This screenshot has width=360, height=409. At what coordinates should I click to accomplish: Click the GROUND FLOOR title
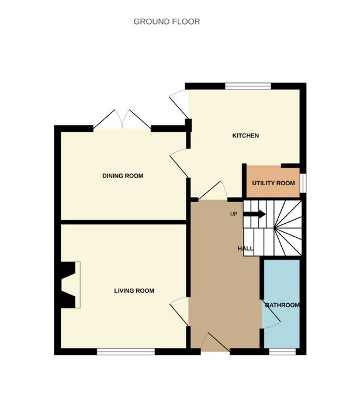pyautogui.click(x=167, y=22)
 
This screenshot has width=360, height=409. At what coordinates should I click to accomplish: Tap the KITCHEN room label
pyautogui.click(x=245, y=136)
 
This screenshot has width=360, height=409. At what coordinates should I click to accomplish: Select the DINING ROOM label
pyautogui.click(x=123, y=176)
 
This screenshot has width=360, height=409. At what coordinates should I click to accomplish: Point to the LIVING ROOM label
pyautogui.click(x=134, y=290)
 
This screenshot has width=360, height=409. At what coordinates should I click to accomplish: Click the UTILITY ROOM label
pyautogui.click(x=274, y=183)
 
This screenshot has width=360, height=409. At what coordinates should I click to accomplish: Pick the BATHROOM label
pyautogui.click(x=282, y=305)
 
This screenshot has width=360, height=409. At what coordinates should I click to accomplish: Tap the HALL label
pyautogui.click(x=245, y=248)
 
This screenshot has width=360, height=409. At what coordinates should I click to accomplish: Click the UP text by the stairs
pyautogui.click(x=234, y=214)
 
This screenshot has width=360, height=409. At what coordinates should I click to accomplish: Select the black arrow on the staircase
pyautogui.click(x=254, y=214)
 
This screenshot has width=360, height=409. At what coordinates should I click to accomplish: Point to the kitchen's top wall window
pyautogui.click(x=248, y=86)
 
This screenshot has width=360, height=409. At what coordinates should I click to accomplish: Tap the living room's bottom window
pyautogui.click(x=126, y=352)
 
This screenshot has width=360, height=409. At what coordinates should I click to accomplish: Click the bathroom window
pyautogui.click(x=282, y=352)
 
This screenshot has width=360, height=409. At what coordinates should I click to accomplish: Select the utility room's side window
pyautogui.click(x=303, y=183)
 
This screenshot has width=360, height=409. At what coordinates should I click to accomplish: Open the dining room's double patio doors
pyautogui.click(x=122, y=120)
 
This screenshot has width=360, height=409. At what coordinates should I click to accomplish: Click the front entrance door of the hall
pyautogui.click(x=216, y=342)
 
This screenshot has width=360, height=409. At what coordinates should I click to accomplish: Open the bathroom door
pyautogui.click(x=271, y=314)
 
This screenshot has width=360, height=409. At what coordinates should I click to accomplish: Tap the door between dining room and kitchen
pyautogui.click(x=179, y=163)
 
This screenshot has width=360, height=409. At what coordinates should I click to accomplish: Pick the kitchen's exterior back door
pyautogui.click(x=179, y=104)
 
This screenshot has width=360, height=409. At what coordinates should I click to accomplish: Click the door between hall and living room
pyautogui.click(x=179, y=311)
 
